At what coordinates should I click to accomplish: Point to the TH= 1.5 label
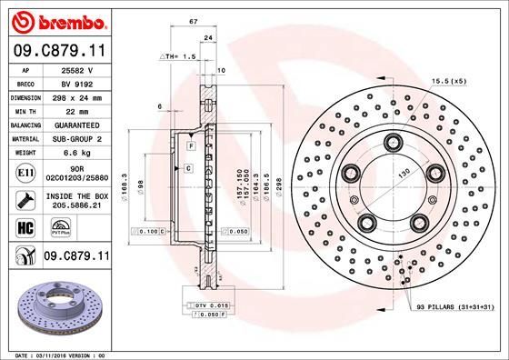point(177,56)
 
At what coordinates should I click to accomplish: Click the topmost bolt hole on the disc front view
point(393,141)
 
